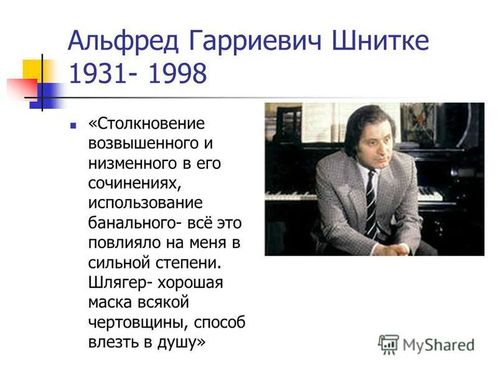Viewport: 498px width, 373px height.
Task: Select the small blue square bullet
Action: tap(73, 124)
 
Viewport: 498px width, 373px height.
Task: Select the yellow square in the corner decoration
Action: tap(31, 69)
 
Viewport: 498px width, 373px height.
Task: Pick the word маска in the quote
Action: tap(112, 303)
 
